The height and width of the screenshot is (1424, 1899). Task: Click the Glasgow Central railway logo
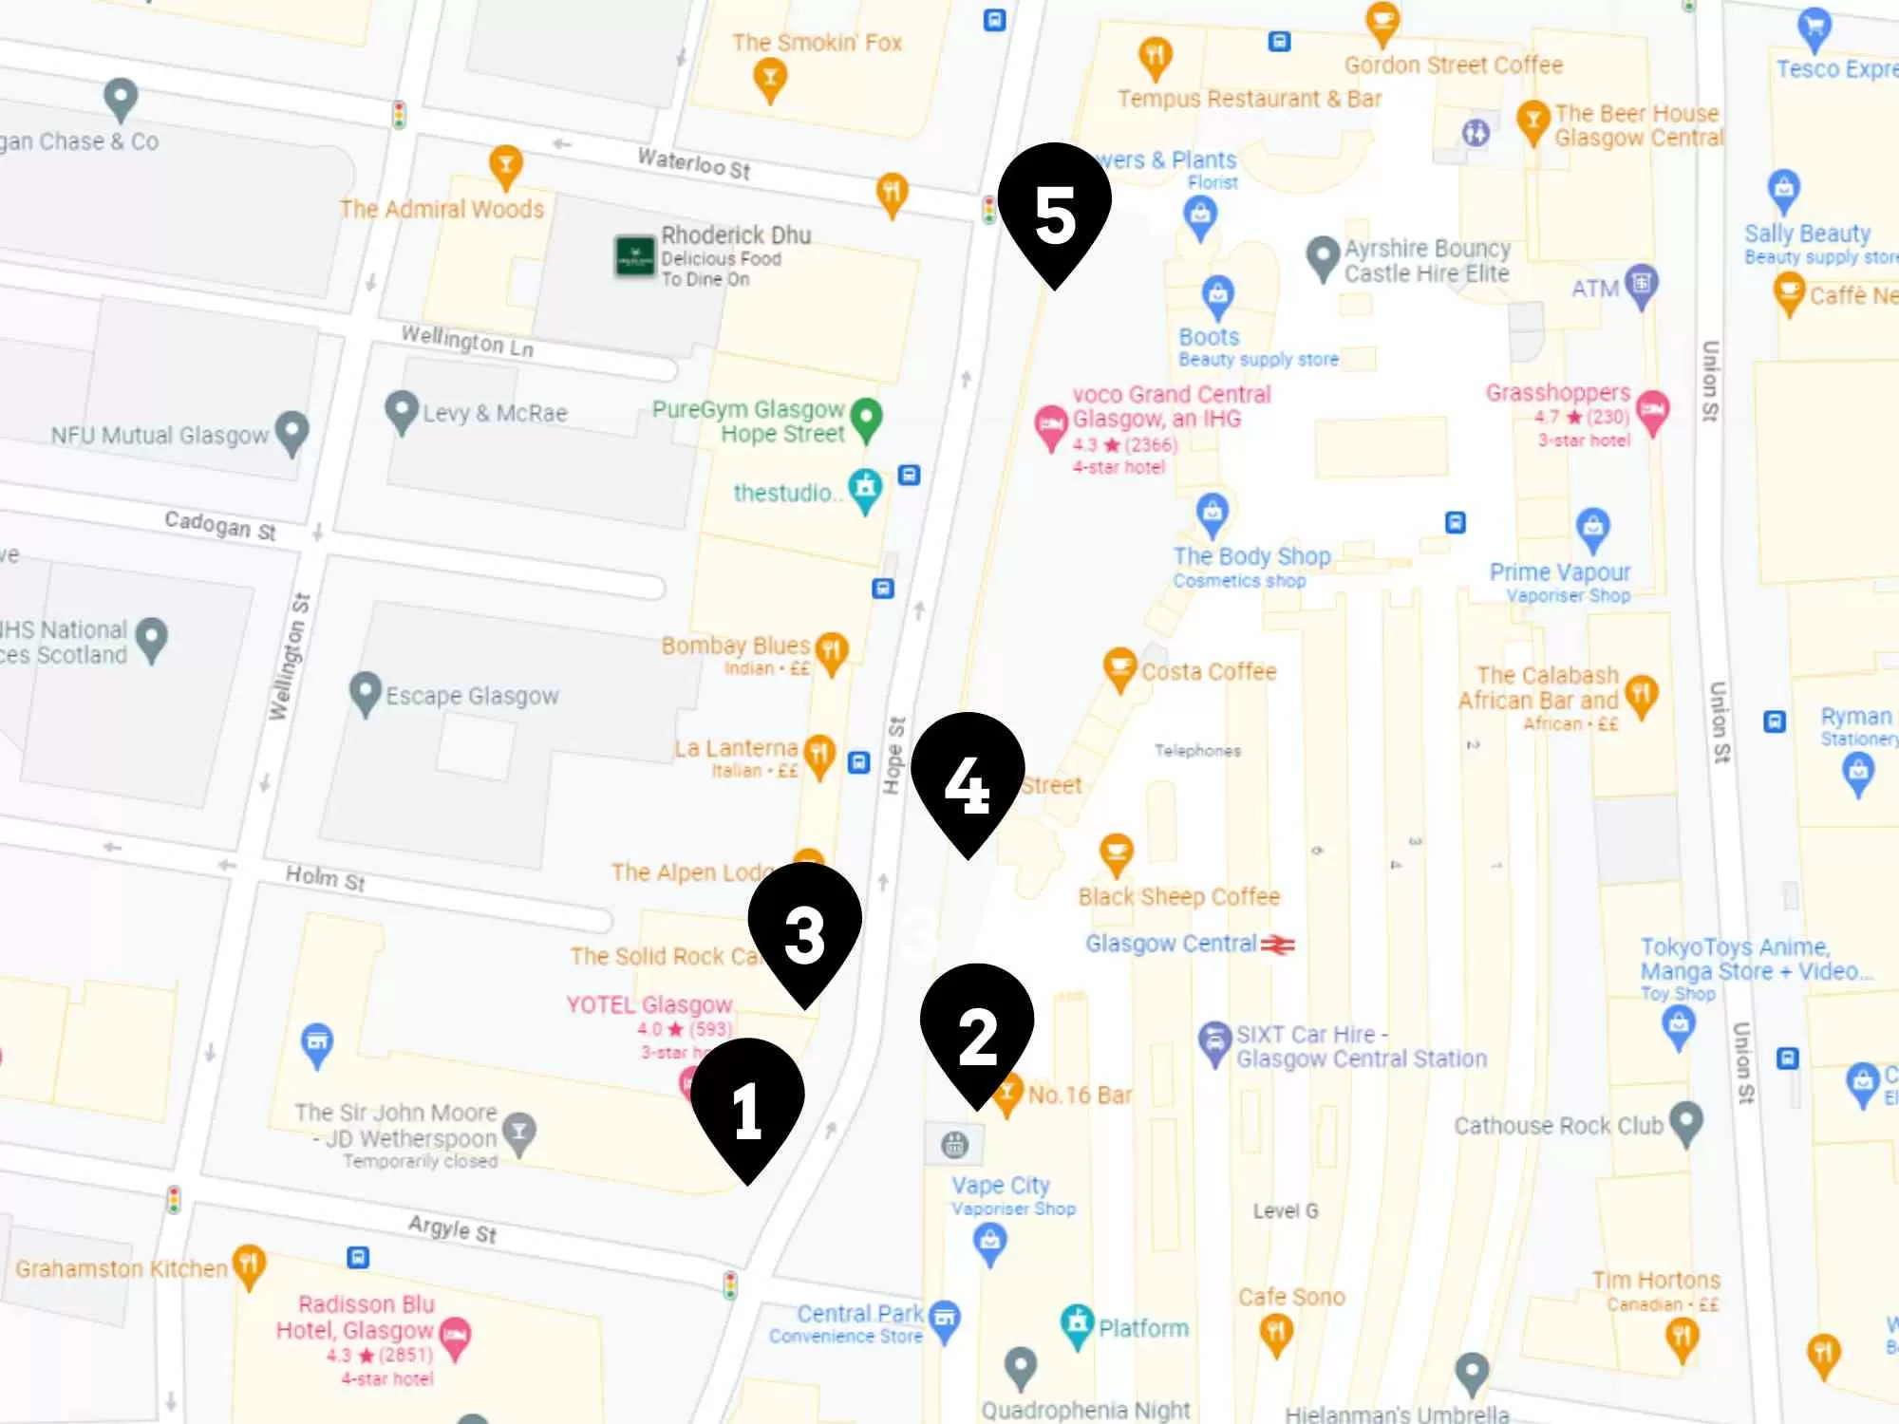[x=1278, y=945]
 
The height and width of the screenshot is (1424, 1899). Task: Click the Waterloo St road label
[x=693, y=163]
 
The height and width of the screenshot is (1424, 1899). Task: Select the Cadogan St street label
[x=219, y=524]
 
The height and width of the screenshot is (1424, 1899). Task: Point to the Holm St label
[x=325, y=877]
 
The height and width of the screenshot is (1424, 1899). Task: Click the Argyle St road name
[x=452, y=1228]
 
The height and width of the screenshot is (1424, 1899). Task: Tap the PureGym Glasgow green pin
[x=866, y=417]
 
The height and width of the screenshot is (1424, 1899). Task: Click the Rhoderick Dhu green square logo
[x=634, y=255]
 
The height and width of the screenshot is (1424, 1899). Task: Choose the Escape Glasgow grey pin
[x=365, y=692]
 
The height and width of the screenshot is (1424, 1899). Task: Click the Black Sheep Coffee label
[x=1178, y=897]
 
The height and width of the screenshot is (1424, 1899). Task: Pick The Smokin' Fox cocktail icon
[x=769, y=78]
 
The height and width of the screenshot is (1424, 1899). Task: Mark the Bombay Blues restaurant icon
[x=831, y=651]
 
